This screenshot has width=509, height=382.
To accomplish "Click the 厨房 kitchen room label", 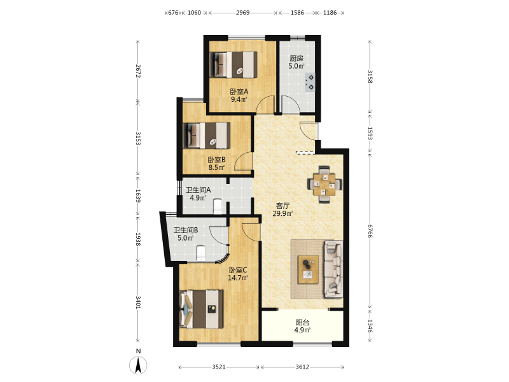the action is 296,59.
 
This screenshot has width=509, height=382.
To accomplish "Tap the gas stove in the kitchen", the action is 310,82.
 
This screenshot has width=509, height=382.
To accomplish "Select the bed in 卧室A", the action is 234,65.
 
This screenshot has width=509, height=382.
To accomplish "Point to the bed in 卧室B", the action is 207,136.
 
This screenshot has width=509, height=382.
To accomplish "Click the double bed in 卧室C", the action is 202,309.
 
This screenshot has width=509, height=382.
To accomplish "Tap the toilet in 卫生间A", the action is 218,206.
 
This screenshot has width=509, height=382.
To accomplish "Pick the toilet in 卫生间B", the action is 201,253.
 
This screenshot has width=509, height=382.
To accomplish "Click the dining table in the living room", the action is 324,185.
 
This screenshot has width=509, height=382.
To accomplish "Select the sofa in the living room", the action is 333,269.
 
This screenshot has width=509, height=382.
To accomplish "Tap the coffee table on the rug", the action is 308,269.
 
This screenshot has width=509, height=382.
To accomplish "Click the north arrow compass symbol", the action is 138,365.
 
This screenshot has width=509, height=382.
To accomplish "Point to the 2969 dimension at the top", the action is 242,13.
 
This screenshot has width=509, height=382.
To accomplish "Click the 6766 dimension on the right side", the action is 370,230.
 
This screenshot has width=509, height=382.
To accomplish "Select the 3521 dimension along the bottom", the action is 219,367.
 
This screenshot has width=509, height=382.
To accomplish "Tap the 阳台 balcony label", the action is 302,322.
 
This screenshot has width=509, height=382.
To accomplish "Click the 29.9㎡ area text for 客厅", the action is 282,213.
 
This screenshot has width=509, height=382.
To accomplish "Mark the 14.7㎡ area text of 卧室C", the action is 237,278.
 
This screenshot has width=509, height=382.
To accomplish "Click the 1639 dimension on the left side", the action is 137,196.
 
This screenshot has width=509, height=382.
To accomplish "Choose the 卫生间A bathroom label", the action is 198,190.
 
